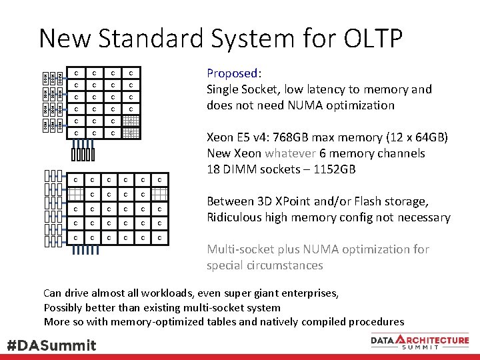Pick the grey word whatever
click(x=290, y=153)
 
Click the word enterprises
click(x=306, y=293)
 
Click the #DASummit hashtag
click(x=51, y=345)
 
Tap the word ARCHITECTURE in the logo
click(x=435, y=340)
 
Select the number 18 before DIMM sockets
click(x=213, y=169)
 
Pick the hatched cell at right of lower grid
click(x=159, y=194)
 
